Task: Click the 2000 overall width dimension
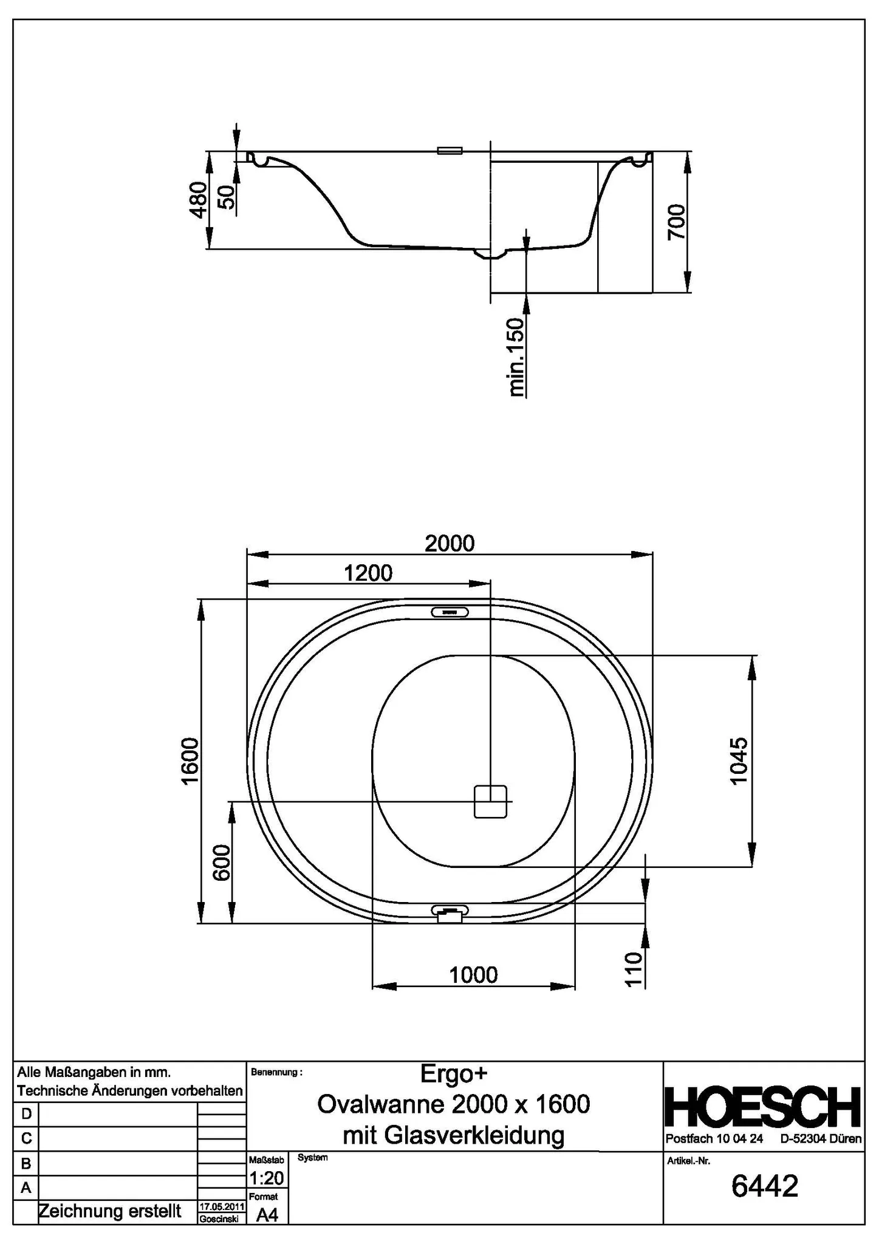[x=449, y=542]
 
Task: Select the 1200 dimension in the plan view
[x=368, y=572]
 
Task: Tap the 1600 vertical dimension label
[x=191, y=761]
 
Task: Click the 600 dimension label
[x=222, y=863]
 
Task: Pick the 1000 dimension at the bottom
[x=473, y=975]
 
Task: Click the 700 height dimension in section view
[x=677, y=222]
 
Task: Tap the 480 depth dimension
[x=198, y=199]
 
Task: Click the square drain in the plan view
[x=490, y=801]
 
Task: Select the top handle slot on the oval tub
[x=450, y=612]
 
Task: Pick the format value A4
[x=267, y=1215]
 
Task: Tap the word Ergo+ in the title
[x=453, y=1073]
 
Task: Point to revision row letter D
[x=26, y=1114]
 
